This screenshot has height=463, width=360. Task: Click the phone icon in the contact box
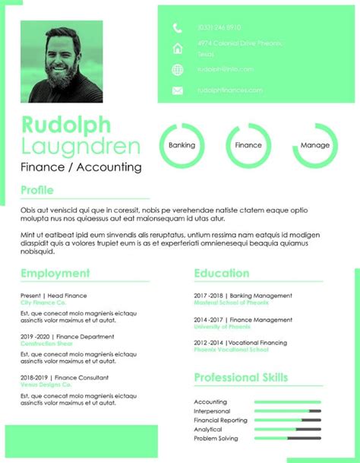[178, 28]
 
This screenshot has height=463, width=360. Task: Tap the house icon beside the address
[178, 49]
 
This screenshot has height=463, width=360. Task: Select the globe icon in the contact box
[178, 70]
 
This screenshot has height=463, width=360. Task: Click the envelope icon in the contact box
[178, 90]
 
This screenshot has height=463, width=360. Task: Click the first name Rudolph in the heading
[66, 124]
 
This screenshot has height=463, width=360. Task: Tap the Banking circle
[182, 144]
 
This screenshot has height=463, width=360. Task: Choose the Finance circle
[248, 144]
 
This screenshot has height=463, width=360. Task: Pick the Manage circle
[315, 144]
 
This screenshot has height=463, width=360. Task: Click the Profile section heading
[37, 190]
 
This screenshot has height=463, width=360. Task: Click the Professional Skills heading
[241, 377]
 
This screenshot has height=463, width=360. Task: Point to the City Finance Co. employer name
[43, 303]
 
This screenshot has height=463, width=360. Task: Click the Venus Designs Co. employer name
[46, 385]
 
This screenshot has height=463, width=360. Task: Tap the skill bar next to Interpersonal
[287, 411]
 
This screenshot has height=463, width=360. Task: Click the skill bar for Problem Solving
[287, 439]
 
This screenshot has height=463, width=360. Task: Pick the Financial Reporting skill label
[220, 420]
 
